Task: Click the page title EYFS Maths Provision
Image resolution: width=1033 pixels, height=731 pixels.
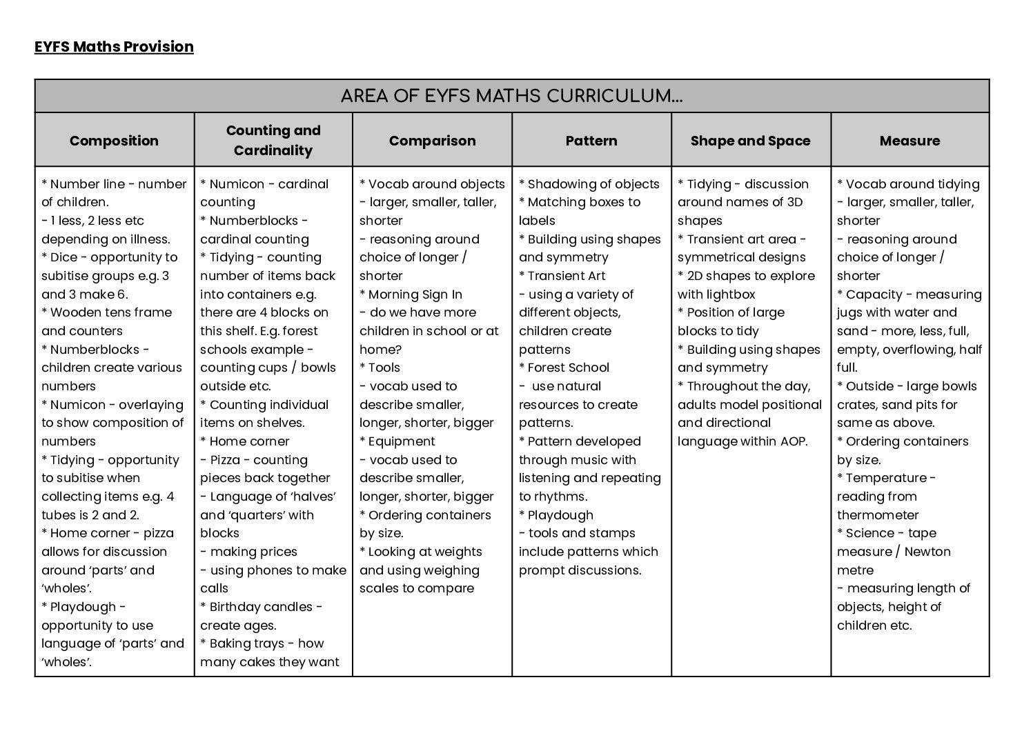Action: coord(114,47)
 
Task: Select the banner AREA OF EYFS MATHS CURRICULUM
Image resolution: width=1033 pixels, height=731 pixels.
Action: coord(511,97)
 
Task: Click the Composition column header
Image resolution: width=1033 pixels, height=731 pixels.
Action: coord(114,141)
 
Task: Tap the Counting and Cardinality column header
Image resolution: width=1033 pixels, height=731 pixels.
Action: coord(273,140)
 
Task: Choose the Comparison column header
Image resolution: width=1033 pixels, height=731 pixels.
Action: coord(432,141)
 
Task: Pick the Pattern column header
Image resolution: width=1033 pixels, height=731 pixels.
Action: coord(591,141)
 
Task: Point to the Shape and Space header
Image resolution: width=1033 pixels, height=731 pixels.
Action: coord(750,141)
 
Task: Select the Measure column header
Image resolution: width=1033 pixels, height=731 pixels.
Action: coord(909,141)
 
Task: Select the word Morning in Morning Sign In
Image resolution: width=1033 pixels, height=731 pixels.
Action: coord(394,294)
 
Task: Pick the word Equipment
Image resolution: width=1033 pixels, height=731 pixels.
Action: coord(402,441)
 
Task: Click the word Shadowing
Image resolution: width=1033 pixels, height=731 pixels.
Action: coord(560,184)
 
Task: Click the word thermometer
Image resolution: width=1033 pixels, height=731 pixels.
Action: coord(878,515)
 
